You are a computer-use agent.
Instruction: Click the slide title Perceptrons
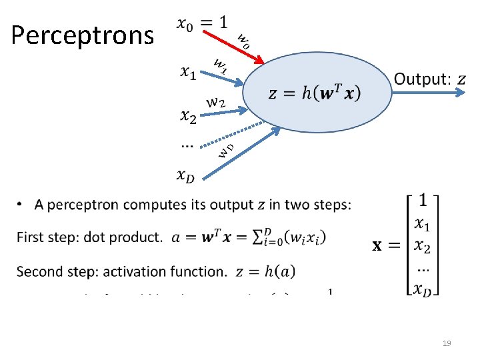tap(82, 35)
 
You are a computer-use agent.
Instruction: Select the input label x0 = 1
tap(203, 23)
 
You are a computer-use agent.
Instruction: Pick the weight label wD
tap(227, 150)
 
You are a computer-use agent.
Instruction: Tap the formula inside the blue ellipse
tap(315, 93)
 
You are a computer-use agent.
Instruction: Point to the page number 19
tap(447, 343)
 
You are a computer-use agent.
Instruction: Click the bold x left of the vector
tap(377, 245)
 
